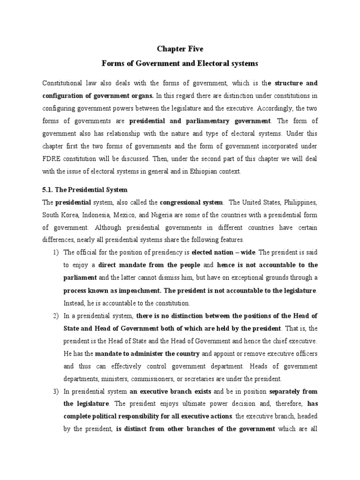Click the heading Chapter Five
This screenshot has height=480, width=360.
pyautogui.click(x=180, y=48)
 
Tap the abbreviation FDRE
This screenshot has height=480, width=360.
pyautogui.click(x=52, y=159)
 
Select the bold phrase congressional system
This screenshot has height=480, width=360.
pyautogui.click(x=191, y=202)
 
